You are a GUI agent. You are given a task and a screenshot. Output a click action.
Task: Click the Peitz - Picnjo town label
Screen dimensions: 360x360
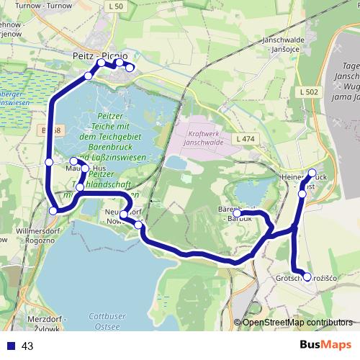pos(101,54)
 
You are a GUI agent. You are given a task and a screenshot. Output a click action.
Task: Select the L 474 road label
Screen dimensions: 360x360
pos(245,138)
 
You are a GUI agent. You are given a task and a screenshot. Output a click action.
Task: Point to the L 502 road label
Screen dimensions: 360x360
pos(307,92)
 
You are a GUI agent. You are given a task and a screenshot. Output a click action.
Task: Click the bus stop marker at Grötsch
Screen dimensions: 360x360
pos(307,276)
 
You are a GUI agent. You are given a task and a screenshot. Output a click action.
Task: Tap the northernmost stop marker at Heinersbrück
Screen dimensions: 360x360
pos(312,173)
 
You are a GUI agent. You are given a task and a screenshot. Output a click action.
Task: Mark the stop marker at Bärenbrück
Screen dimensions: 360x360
pos(237,213)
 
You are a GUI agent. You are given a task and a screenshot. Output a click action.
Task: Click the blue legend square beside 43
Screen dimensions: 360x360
pos(10,346)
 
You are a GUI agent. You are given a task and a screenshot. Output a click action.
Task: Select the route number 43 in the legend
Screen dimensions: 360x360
pos(28,346)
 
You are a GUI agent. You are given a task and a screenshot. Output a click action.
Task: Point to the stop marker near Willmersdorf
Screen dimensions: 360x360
pos(53,210)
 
